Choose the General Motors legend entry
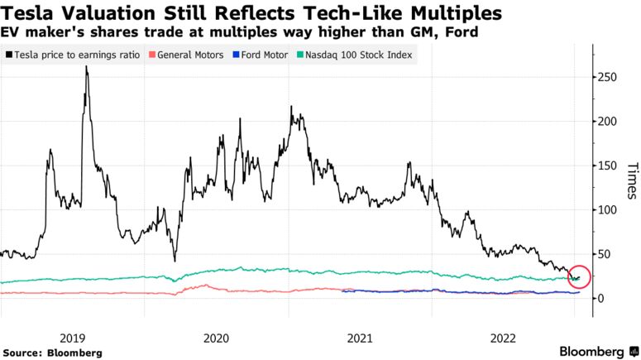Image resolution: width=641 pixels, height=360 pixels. click(x=190, y=55)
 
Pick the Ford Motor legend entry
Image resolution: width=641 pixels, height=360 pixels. click(x=263, y=55)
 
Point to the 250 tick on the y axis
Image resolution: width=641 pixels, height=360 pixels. click(x=608, y=77)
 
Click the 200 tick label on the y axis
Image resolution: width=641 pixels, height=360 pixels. click(x=608, y=122)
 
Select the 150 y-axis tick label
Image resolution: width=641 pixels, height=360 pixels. click(x=608, y=166)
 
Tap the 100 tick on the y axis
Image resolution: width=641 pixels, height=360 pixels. click(x=608, y=210)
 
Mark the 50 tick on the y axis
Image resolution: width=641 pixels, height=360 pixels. click(x=605, y=254)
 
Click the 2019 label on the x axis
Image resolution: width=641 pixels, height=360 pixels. click(x=73, y=338)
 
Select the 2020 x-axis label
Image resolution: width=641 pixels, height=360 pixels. click(x=216, y=338)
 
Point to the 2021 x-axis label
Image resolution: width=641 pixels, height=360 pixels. click(x=360, y=338)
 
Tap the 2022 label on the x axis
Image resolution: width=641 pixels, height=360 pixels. click(x=503, y=338)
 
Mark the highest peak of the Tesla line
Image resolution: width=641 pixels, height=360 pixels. click(x=86, y=67)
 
